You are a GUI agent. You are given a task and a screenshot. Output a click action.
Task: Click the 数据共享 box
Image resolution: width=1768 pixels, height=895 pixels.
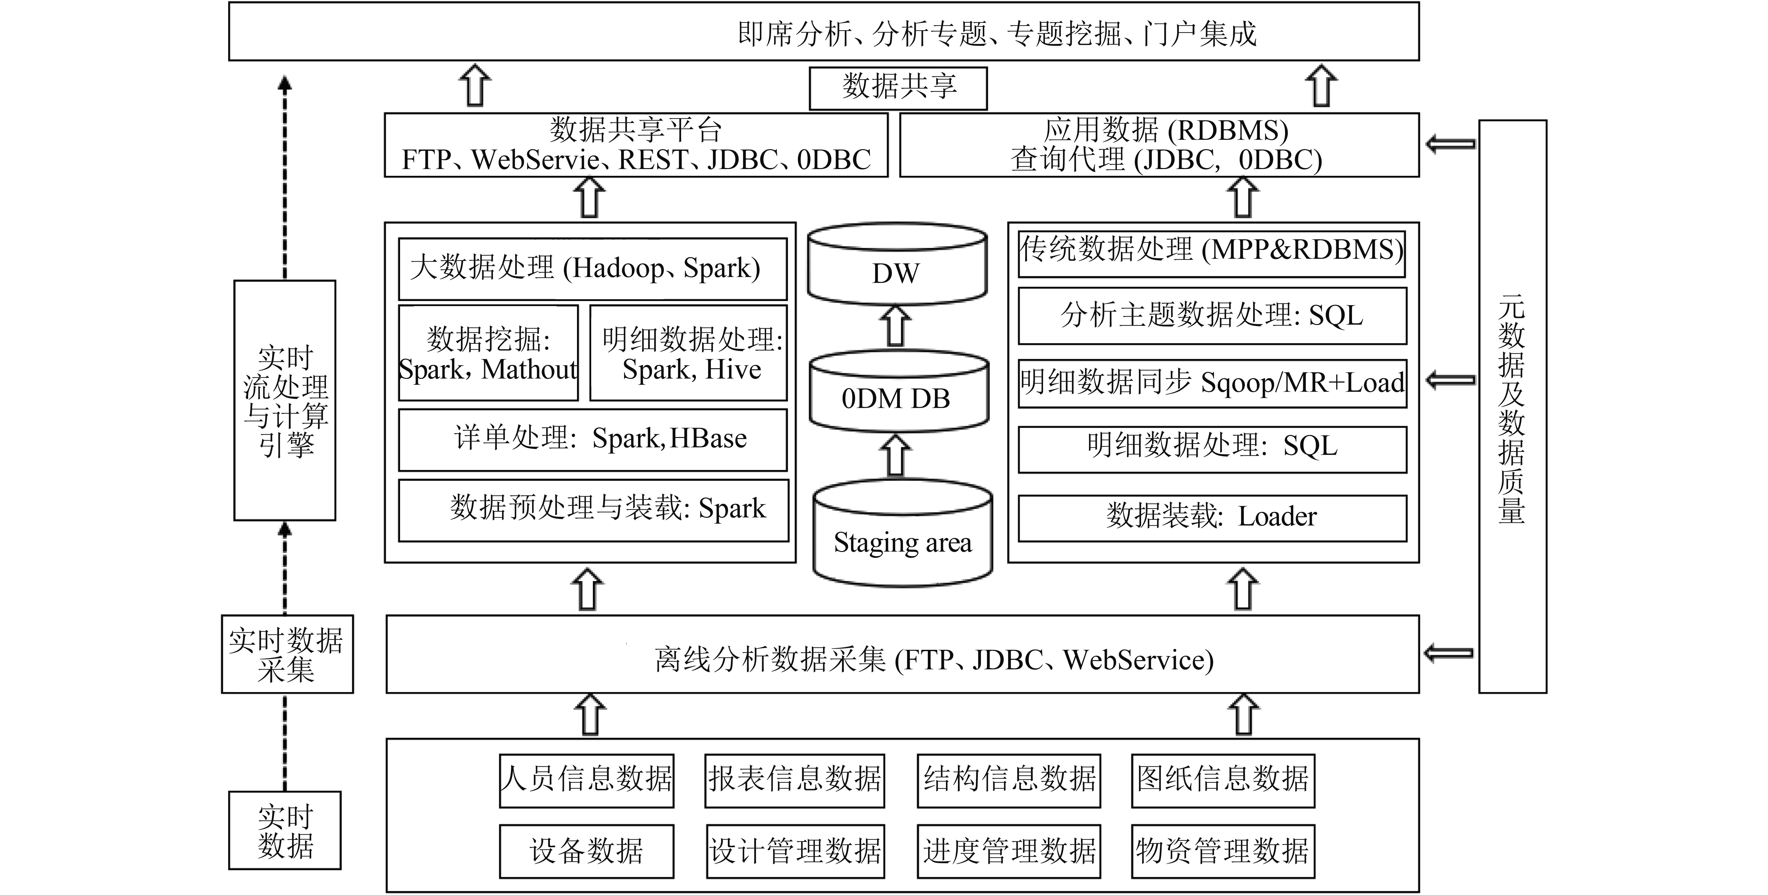coord(898,87)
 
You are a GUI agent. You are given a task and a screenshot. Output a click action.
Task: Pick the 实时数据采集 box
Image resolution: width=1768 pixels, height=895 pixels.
coord(287,654)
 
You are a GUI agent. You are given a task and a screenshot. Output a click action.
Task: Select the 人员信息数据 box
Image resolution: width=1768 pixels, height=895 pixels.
coord(586,780)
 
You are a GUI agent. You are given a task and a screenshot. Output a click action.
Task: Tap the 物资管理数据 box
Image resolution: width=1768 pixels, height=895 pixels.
coord(1222,851)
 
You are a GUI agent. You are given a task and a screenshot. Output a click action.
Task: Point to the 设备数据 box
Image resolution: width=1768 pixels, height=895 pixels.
coord(586,851)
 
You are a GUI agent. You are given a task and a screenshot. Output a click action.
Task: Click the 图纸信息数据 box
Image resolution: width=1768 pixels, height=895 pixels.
coord(1222,780)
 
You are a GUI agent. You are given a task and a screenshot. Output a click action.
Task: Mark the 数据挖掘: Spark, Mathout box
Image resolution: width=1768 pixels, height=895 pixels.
coord(488,353)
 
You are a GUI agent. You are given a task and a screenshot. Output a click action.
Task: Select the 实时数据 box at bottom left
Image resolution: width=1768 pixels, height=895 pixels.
coord(285,830)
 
